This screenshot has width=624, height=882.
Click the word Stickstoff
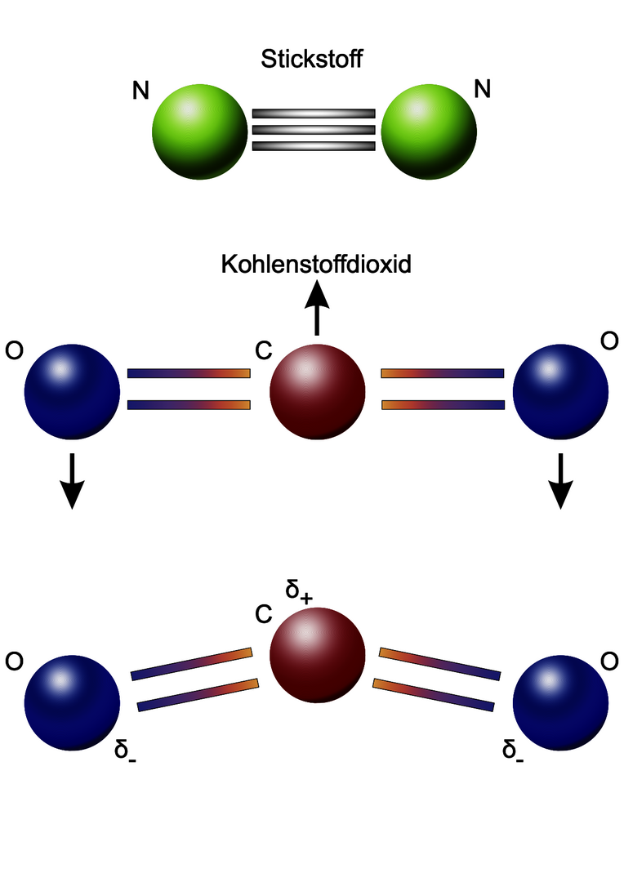[311, 60]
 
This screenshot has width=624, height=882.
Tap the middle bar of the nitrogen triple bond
[314, 130]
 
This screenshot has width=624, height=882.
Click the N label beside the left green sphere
[141, 90]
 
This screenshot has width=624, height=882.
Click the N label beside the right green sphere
[483, 89]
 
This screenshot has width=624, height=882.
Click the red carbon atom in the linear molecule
[317, 390]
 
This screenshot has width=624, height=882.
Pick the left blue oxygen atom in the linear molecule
[72, 390]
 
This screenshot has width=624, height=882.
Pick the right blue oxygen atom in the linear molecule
[560, 390]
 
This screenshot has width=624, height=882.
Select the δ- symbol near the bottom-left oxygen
[125, 748]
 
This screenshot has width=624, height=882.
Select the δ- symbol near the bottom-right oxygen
[512, 748]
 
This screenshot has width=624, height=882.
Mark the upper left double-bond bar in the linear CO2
[188, 373]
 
